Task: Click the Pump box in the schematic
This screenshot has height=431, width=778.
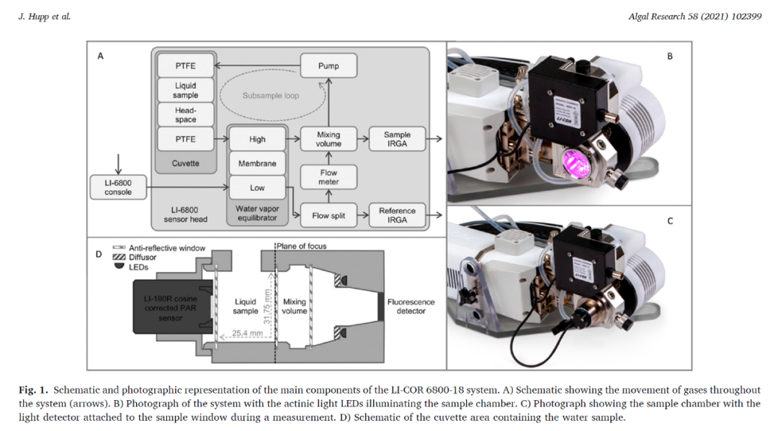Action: click(328, 65)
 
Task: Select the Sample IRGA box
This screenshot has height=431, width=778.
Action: click(397, 139)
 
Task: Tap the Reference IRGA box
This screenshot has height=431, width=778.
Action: click(397, 215)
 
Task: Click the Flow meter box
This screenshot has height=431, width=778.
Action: click(328, 177)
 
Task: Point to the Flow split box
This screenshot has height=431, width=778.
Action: click(328, 215)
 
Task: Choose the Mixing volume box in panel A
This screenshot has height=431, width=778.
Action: click(328, 139)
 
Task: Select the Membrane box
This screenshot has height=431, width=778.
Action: click(257, 163)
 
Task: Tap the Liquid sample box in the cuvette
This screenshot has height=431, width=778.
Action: click(185, 90)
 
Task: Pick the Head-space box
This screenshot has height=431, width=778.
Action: click(185, 115)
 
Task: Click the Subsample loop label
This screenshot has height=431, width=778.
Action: click(270, 95)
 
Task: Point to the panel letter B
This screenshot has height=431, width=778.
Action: click(670, 56)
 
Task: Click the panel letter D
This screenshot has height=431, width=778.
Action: click(99, 253)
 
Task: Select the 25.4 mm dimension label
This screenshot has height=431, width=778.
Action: click(248, 333)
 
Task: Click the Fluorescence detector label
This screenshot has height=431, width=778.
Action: click(411, 307)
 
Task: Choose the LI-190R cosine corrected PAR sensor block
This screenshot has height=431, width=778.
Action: click(171, 307)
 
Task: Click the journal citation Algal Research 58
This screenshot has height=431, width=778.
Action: click(695, 17)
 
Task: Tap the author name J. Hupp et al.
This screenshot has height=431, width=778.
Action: click(44, 17)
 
